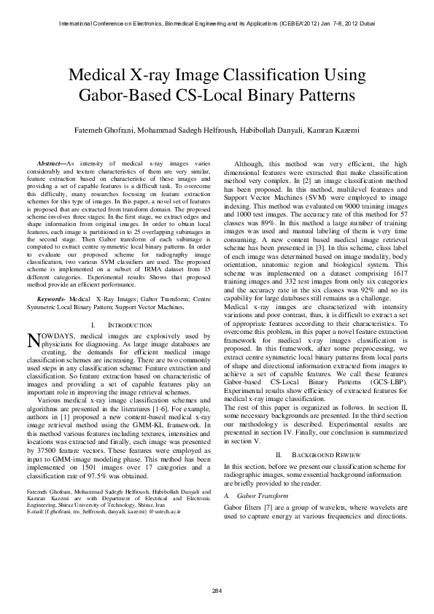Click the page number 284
[x=217, y=589]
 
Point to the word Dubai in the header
[x=366, y=24]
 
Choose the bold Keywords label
[x=51, y=299]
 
